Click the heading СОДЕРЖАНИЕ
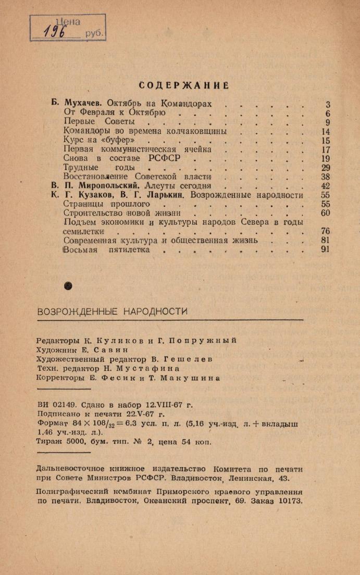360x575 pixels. coord(185,85)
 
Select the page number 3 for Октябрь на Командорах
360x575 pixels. coord(328,104)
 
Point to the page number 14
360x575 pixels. coord(326,131)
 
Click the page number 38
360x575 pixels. coord(326,177)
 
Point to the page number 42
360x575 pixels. coord(326,185)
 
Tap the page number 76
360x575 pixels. coord(326,231)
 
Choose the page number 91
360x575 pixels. coord(326,249)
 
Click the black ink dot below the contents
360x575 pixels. coord(67,285)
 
